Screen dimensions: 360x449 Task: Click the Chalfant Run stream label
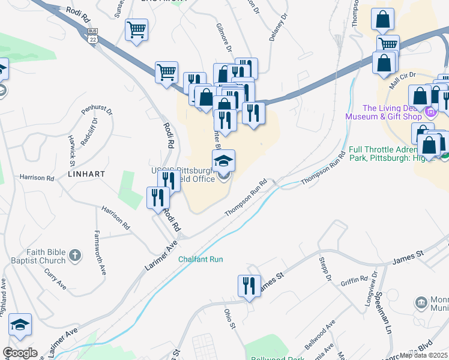click(200, 259)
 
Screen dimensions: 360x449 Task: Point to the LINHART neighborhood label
click(87, 173)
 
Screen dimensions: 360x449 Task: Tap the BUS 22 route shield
click(92, 35)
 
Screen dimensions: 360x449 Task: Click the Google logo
click(20, 353)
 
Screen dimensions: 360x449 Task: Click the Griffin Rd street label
click(354, 280)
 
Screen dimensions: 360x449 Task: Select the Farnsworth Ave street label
click(100, 253)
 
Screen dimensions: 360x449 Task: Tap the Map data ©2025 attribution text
click(423, 355)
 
